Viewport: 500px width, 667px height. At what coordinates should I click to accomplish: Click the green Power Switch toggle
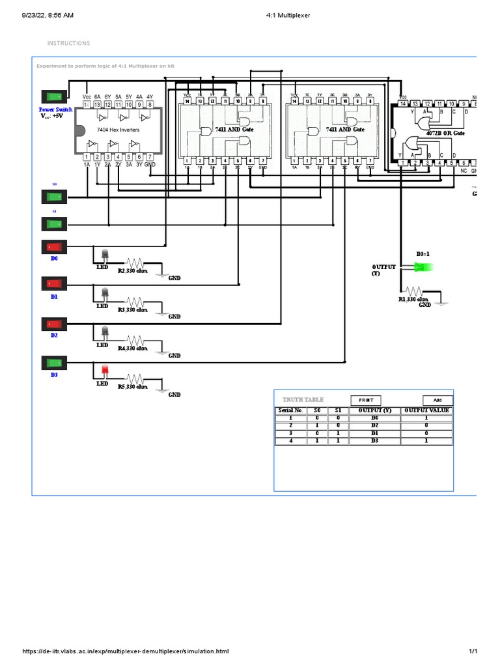[x=54, y=96]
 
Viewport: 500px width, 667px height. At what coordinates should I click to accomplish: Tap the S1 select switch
[x=54, y=223]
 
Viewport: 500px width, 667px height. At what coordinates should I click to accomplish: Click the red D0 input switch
[x=54, y=247]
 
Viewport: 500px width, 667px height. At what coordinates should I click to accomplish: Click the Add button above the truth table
[x=437, y=400]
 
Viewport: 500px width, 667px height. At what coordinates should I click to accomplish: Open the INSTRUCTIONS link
[x=68, y=44]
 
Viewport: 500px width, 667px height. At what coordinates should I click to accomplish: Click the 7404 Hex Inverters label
[x=113, y=130]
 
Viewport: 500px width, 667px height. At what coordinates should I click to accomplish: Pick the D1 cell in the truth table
[x=374, y=433]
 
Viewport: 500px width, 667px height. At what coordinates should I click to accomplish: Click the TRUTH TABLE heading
[x=303, y=400]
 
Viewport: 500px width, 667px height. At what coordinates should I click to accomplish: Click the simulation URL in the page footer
[x=126, y=651]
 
